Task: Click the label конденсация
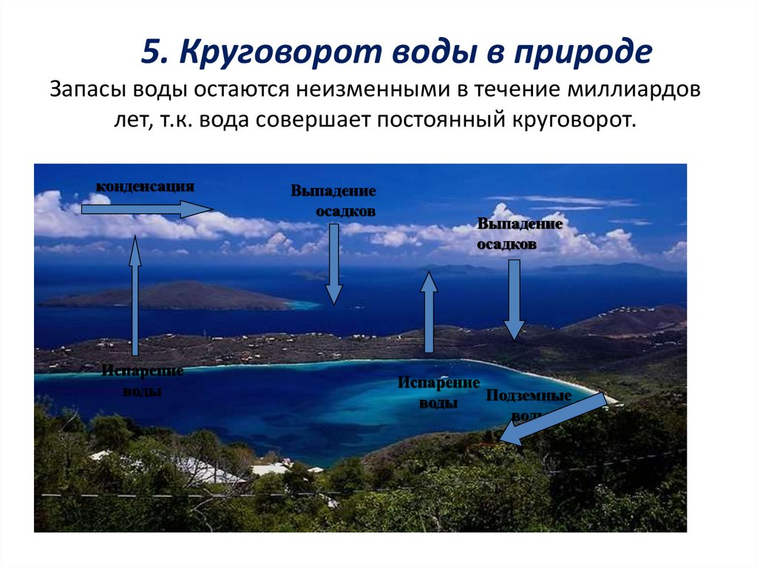click(145, 186)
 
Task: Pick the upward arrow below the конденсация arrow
click(135, 296)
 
